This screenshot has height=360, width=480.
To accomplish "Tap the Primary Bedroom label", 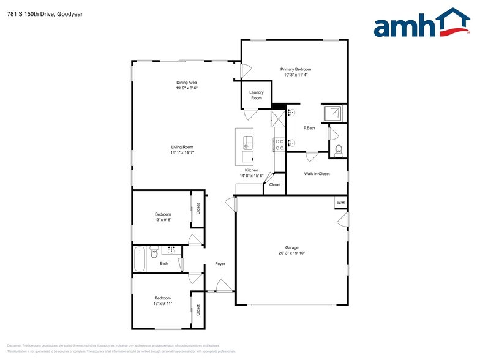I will (x=296, y=69).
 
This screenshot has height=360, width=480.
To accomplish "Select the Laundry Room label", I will (x=256, y=95).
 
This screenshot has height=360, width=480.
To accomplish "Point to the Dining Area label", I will (x=187, y=82).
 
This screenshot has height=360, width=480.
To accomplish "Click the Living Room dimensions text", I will (x=182, y=152).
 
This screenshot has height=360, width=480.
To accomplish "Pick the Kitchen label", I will (x=251, y=170).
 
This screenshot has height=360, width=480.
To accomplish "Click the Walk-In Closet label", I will (x=317, y=173).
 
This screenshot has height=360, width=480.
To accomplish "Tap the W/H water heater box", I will (x=340, y=203).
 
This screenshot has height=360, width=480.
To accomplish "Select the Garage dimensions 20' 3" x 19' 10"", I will (x=291, y=253).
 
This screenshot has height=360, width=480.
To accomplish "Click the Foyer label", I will (x=220, y=264).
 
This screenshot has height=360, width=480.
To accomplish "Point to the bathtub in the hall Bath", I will (x=140, y=258).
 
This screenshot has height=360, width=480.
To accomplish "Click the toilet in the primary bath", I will (x=338, y=149).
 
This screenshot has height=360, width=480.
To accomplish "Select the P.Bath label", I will (x=309, y=128).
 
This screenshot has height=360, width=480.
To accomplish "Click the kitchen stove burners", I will (x=279, y=144).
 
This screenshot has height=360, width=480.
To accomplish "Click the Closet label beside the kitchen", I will (x=275, y=184).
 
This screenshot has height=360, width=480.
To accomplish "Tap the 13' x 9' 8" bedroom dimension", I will (x=163, y=219).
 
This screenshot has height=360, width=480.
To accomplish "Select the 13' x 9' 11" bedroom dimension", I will (x=163, y=303).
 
